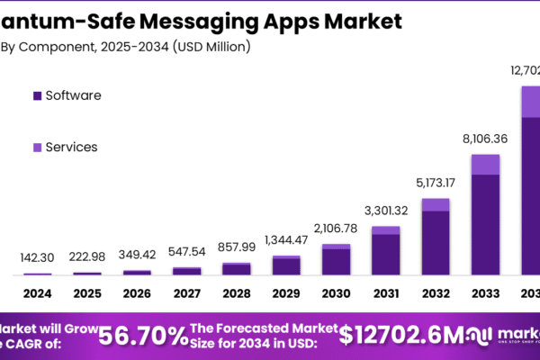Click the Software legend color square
point(37,95)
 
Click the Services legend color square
point(37,147)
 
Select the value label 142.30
point(38,257)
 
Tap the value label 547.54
point(186,250)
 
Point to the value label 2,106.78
point(336,228)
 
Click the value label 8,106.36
point(485,139)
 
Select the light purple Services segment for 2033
point(485,164)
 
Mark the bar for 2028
point(237,268)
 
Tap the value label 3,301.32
point(385,211)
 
